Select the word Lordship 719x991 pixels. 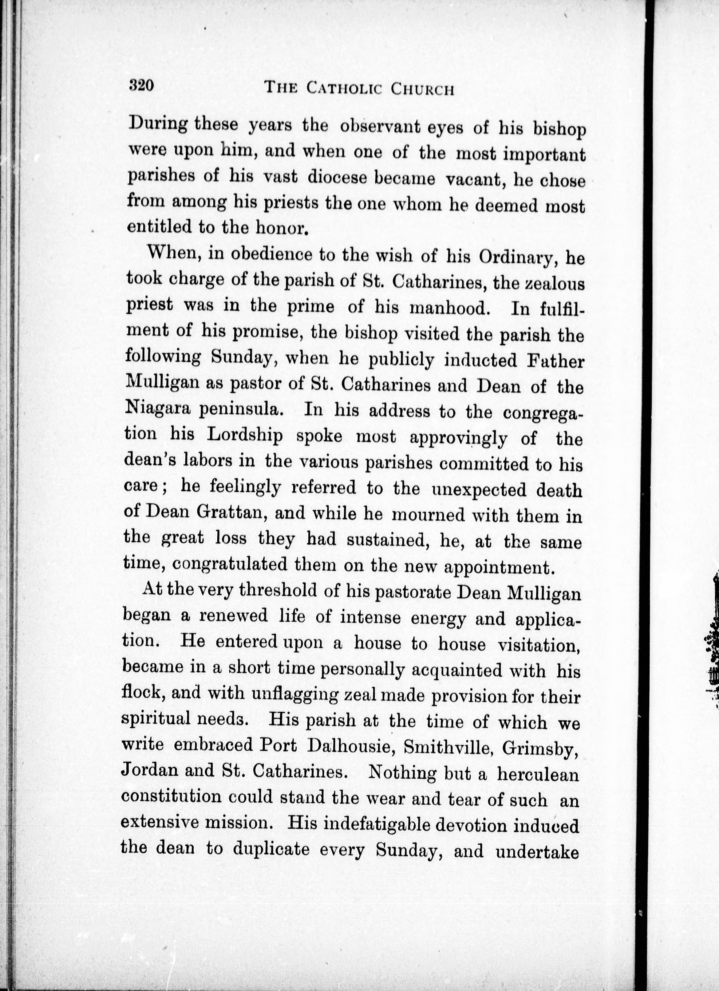(244, 436)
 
